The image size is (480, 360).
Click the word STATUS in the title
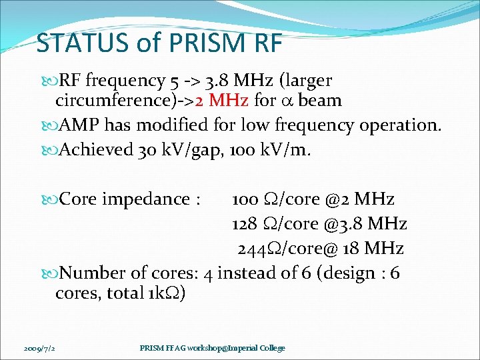tap(75, 43)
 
